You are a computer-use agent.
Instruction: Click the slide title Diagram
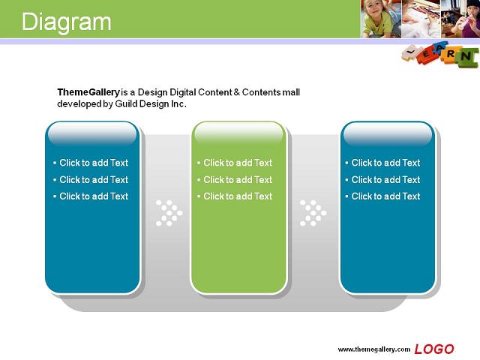click(x=67, y=22)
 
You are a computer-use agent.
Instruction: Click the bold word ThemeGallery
click(x=88, y=92)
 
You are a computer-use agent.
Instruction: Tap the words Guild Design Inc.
click(x=151, y=104)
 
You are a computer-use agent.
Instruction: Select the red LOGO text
click(x=434, y=349)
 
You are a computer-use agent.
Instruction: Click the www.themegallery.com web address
click(x=373, y=349)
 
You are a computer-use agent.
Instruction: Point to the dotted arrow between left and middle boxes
click(x=169, y=213)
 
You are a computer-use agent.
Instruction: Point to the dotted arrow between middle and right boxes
click(x=313, y=213)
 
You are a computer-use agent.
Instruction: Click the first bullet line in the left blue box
click(x=91, y=163)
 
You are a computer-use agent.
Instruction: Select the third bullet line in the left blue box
click(x=91, y=196)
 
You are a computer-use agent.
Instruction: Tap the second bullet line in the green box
click(x=235, y=180)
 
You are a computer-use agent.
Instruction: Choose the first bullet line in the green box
click(x=235, y=163)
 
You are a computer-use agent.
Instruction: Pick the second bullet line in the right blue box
click(x=382, y=180)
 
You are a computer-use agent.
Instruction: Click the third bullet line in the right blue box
click(x=382, y=196)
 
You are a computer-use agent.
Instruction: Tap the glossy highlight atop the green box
click(x=238, y=133)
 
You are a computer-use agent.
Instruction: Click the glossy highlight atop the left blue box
click(x=92, y=133)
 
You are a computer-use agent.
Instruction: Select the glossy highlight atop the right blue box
click(x=388, y=133)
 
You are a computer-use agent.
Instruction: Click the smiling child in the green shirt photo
click(x=380, y=19)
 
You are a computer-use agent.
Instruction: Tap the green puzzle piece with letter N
click(x=466, y=57)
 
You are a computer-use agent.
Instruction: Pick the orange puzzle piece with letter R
click(x=450, y=55)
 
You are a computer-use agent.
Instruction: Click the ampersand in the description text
click(x=237, y=92)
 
